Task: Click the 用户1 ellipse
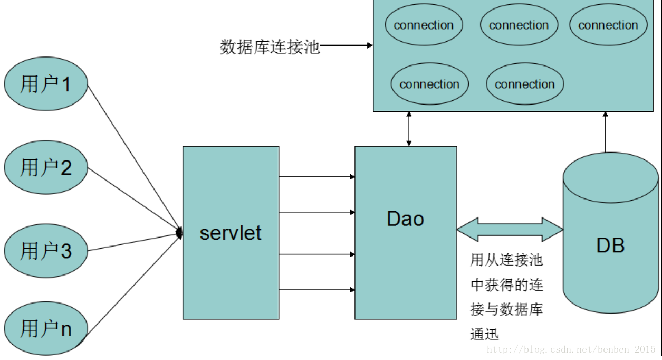point(45,84)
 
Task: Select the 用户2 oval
point(45,168)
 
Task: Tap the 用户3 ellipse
point(45,251)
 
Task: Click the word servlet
point(231,232)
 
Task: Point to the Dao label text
point(405,219)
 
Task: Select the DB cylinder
point(610,238)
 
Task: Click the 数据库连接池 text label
point(270,47)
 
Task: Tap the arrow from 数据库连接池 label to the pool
point(346,46)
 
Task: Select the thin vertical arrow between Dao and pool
point(409,129)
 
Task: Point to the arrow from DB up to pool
point(606,132)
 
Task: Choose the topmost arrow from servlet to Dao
point(316,177)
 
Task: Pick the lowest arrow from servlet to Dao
point(316,290)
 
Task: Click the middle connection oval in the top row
point(519,25)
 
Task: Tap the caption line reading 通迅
point(484,334)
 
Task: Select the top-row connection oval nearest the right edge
point(608,25)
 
